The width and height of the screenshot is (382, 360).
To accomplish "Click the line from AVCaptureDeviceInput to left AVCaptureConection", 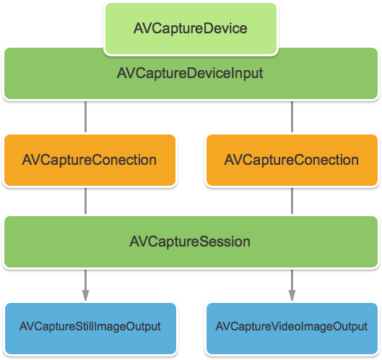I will point(86,116).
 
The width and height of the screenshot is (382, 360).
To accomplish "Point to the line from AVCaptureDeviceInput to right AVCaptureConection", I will point(292,116).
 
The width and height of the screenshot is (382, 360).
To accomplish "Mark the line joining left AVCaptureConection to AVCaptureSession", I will point(86,200).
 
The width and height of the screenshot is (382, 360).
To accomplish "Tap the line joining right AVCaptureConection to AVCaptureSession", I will point(292,200).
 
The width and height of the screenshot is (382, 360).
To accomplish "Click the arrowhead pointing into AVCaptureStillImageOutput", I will point(86,296).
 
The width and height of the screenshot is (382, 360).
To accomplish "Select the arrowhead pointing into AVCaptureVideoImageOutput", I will point(292,296).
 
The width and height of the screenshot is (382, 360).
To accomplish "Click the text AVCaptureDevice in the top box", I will point(191,29).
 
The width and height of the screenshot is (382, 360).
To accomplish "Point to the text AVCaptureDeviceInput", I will point(190,74).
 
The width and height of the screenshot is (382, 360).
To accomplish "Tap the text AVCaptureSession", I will point(190,241).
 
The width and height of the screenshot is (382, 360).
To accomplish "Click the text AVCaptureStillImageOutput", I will point(90,327).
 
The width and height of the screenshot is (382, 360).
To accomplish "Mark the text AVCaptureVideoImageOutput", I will point(292,327).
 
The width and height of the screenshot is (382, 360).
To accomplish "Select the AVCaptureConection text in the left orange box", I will point(90,160).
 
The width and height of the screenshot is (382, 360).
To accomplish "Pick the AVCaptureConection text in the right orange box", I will point(292,160).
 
